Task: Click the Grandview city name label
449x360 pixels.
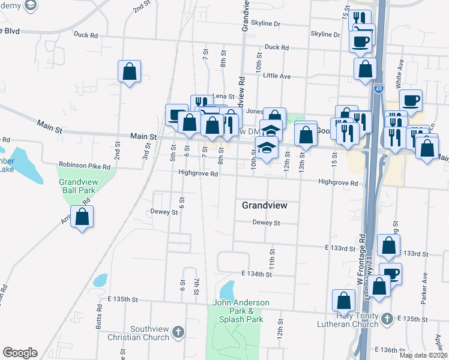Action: click(x=264, y=205)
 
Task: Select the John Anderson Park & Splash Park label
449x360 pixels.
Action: click(x=241, y=311)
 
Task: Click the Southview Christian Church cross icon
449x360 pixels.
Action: click(x=178, y=332)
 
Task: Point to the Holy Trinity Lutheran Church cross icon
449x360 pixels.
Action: click(x=387, y=318)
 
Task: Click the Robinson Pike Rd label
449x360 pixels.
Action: click(x=85, y=165)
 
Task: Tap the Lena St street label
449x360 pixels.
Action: click(x=223, y=96)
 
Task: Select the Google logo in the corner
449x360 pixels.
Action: click(x=20, y=353)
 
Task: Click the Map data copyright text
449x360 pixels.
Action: click(x=423, y=355)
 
